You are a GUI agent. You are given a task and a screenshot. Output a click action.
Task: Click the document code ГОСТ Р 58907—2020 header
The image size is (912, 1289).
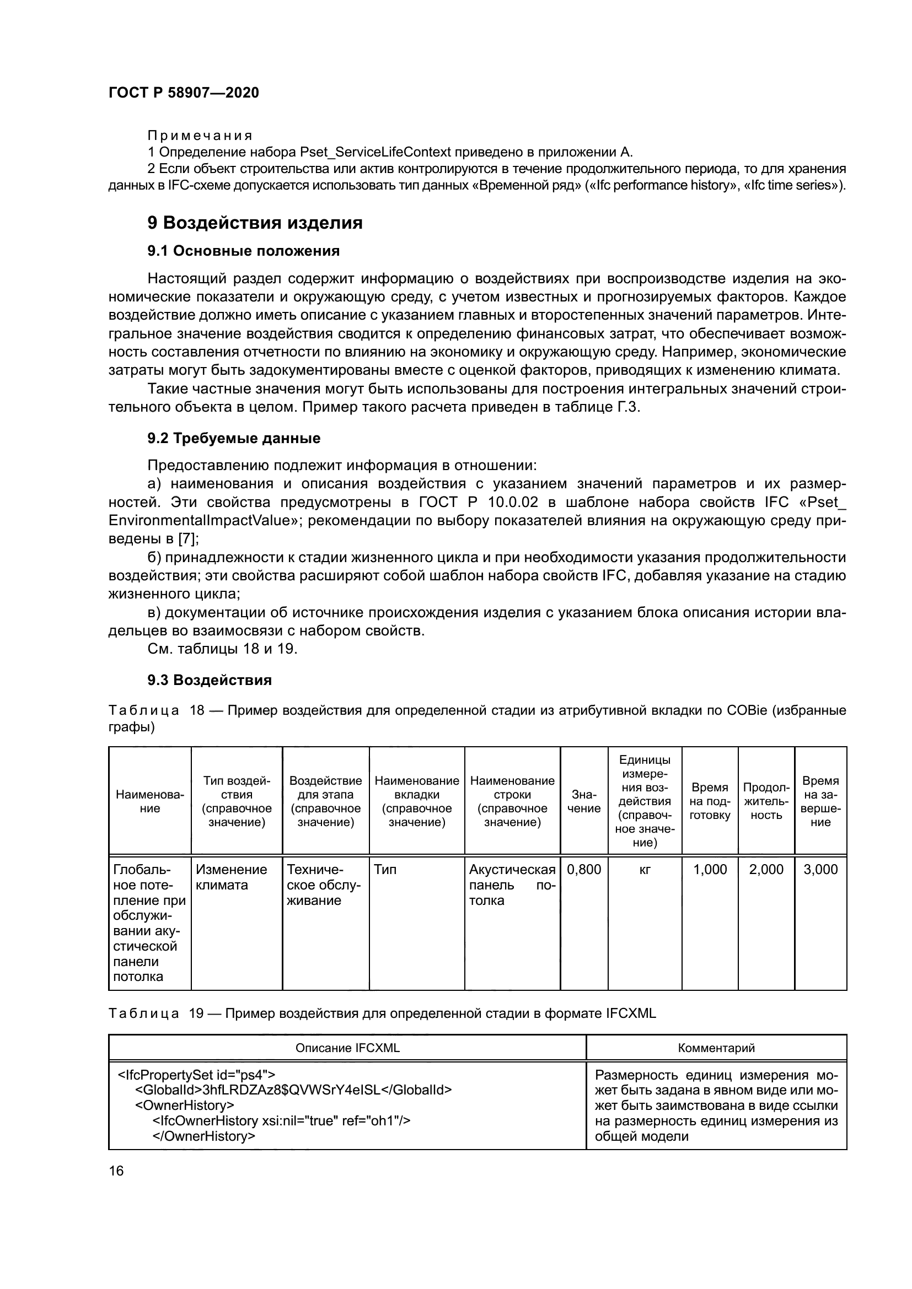click(184, 93)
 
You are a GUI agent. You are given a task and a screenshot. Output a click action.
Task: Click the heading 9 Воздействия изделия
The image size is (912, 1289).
click(255, 223)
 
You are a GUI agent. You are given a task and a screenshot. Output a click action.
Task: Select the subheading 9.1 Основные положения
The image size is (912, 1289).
click(244, 251)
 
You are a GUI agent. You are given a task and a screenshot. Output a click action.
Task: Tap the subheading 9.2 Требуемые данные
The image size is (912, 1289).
click(234, 438)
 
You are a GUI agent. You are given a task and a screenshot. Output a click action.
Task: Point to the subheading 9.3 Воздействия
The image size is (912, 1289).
click(210, 680)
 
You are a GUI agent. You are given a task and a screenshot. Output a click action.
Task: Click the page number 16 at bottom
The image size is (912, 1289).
click(116, 1171)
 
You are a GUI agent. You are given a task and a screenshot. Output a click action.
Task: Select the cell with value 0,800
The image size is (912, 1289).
click(583, 870)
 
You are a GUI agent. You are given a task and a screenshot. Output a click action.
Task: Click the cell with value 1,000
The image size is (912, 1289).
click(710, 870)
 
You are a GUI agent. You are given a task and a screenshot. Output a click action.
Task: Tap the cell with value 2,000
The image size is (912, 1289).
click(766, 870)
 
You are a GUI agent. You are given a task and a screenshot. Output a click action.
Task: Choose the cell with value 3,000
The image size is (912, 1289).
click(820, 870)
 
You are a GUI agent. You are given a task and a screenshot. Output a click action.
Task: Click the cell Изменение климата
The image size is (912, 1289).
click(232, 877)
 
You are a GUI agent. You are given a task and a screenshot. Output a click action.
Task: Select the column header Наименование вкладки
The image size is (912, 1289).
click(417, 801)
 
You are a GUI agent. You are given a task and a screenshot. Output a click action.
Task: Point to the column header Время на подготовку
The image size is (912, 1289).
click(710, 801)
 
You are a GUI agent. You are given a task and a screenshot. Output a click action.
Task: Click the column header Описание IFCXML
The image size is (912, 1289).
click(347, 1048)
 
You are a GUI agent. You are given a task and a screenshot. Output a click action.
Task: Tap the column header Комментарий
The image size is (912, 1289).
click(716, 1048)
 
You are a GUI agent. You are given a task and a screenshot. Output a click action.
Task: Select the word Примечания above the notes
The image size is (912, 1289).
click(200, 136)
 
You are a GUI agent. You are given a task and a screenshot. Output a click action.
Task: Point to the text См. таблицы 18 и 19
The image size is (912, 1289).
click(222, 649)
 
